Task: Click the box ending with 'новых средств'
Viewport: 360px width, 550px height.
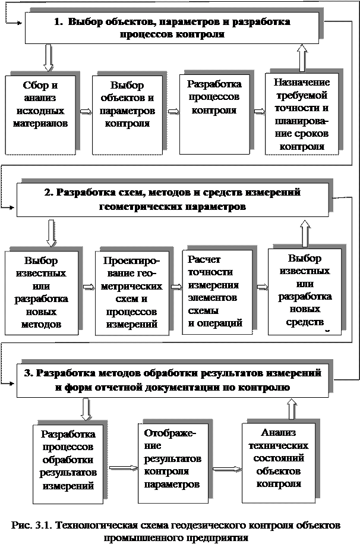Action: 304,291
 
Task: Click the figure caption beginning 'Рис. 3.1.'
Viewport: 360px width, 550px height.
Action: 175,531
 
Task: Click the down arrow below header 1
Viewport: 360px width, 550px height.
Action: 49,58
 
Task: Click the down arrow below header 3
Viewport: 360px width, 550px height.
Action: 87,410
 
